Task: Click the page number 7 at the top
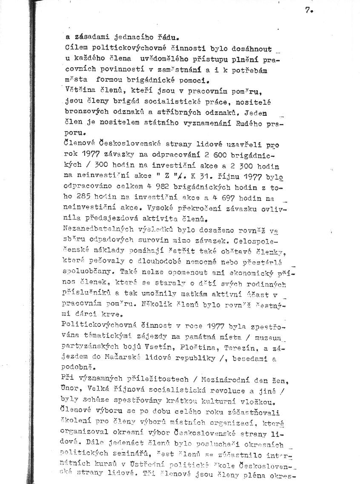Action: tap(308, 11)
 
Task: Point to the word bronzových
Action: tap(83, 112)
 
